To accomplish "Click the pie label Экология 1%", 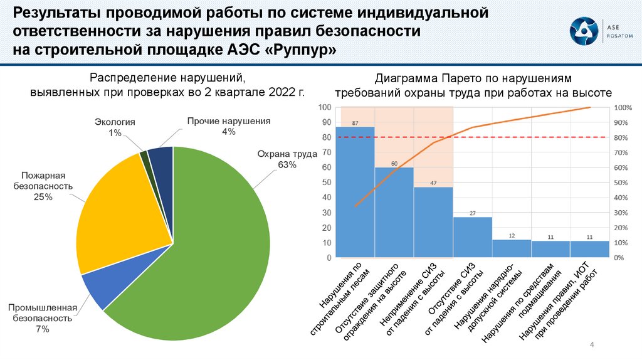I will pos(115,127).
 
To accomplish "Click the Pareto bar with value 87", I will pos(355,194).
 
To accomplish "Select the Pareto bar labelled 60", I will pos(394,213).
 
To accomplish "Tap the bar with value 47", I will pos(433,223).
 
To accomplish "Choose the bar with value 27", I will pos(472,238).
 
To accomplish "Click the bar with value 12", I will pos(512,249).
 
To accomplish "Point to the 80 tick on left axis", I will pos(326,137).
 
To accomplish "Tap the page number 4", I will pos(592,346).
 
